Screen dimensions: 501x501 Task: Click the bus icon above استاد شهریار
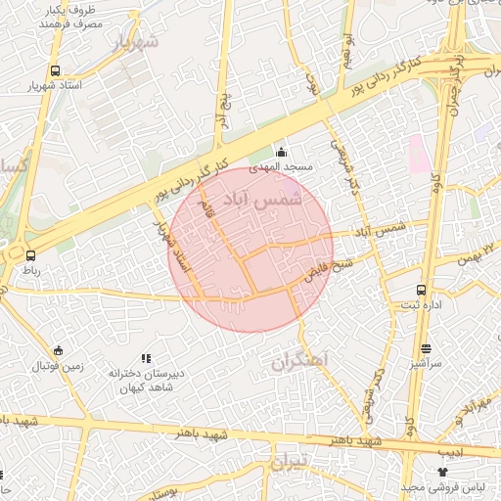pyautogui.click(x=54, y=70)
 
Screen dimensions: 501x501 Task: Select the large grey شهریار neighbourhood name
pyautogui.click(x=134, y=43)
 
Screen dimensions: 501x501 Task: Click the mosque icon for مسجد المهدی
pyautogui.click(x=282, y=152)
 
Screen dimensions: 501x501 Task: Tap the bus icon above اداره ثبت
pyautogui.click(x=422, y=290)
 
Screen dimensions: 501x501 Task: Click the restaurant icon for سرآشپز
pyautogui.click(x=426, y=347)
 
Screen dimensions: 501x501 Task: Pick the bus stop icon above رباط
pyautogui.click(x=17, y=254)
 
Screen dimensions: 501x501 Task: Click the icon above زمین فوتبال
pyautogui.click(x=59, y=351)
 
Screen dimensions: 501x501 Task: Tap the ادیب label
pyautogui.click(x=451, y=452)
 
